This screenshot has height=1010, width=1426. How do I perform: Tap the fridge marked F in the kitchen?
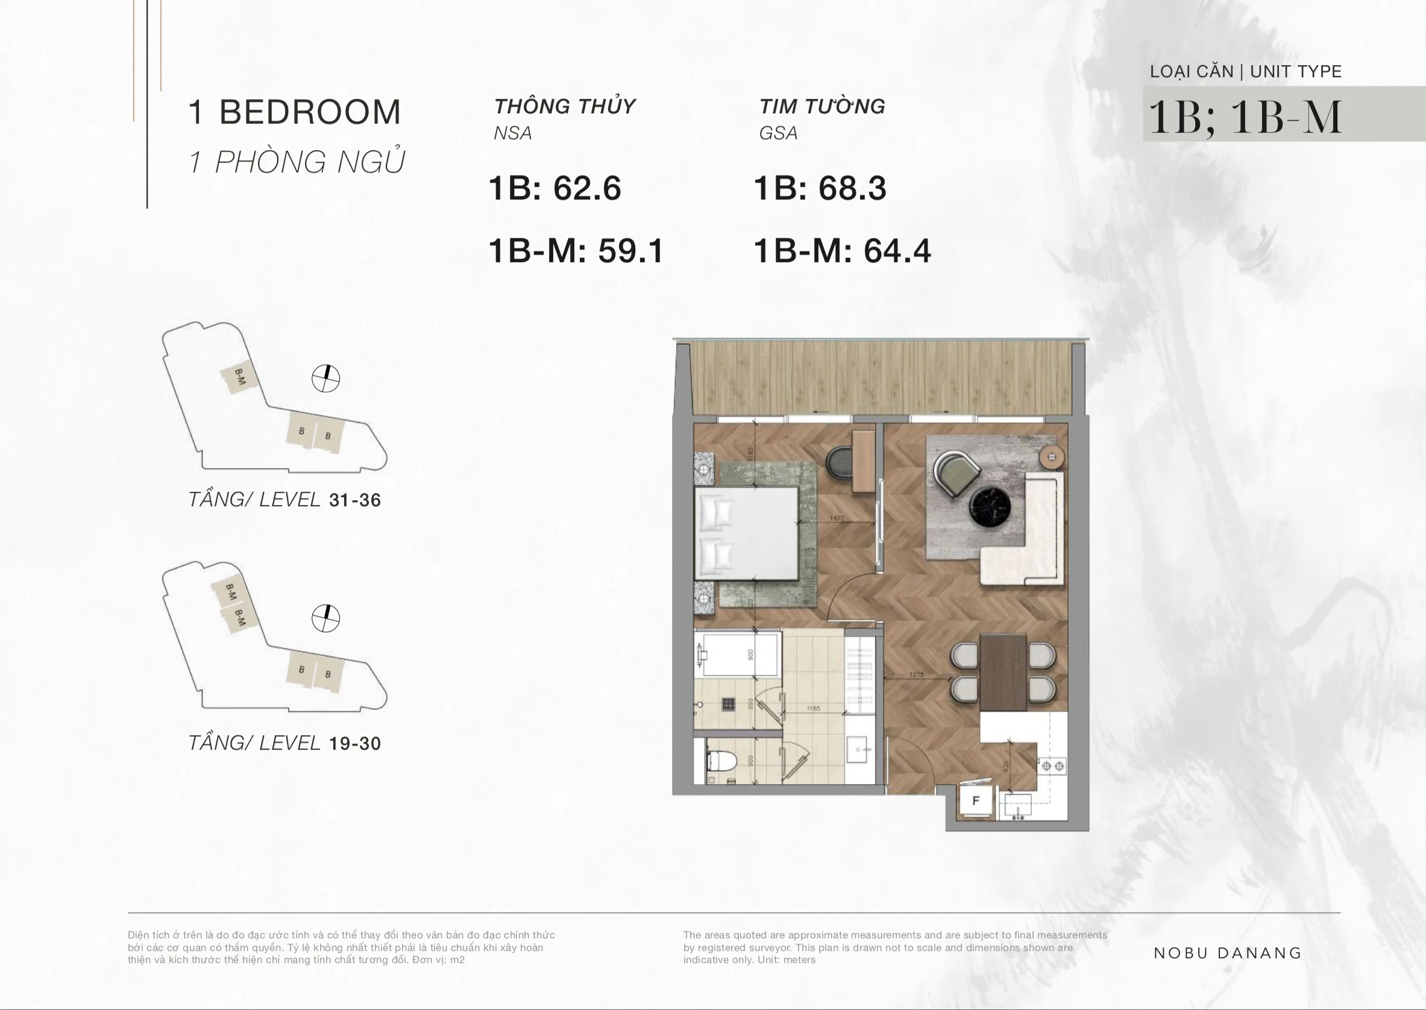click(x=975, y=800)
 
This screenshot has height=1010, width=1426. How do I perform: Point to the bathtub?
click(x=739, y=654)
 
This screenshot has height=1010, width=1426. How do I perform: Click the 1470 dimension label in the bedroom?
click(x=837, y=518)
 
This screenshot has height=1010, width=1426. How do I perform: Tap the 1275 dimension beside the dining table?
click(x=916, y=674)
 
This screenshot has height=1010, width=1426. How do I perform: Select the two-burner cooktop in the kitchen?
click(x=1052, y=765)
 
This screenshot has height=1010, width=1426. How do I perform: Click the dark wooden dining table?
click(x=1002, y=672)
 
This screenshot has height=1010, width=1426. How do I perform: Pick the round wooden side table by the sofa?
click(x=1052, y=457)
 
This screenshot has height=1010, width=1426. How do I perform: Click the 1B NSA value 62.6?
click(x=587, y=188)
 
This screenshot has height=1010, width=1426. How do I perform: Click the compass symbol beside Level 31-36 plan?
click(x=325, y=378)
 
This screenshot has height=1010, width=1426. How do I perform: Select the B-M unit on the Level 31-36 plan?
click(x=239, y=377)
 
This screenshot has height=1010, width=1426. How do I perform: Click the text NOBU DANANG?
click(x=1227, y=953)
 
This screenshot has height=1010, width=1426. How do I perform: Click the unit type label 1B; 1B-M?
click(x=1245, y=116)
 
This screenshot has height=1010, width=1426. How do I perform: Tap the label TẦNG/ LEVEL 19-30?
click(x=284, y=742)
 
